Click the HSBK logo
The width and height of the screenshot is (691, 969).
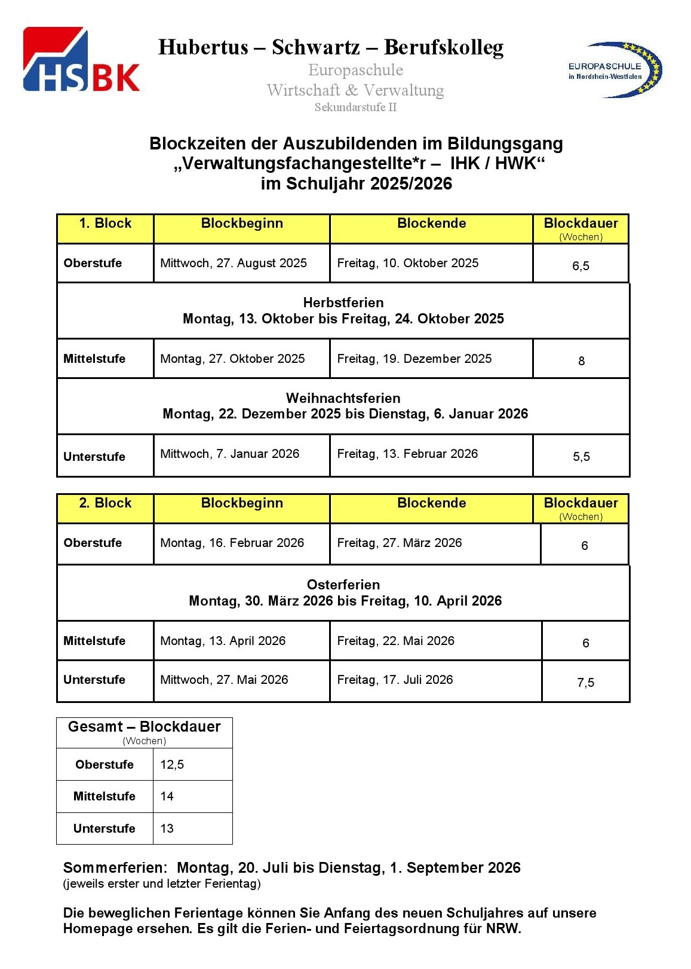click(x=81, y=60)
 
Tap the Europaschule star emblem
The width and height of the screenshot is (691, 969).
click(x=615, y=70)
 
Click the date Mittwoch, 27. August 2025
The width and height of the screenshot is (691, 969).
click(x=234, y=263)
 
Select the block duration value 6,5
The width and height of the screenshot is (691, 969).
click(x=581, y=266)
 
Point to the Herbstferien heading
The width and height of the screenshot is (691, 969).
click(x=343, y=302)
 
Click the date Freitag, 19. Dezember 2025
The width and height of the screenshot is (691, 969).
click(x=414, y=359)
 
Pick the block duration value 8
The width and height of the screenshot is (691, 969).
click(x=581, y=361)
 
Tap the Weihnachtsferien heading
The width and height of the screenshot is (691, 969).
click(x=343, y=398)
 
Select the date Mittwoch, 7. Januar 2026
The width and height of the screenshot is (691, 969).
click(x=230, y=454)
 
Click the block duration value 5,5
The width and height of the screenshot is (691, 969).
click(x=581, y=457)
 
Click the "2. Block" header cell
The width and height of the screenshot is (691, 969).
click(x=105, y=503)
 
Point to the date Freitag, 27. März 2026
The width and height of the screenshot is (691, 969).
click(x=400, y=543)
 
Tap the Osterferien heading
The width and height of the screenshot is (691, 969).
click(x=343, y=585)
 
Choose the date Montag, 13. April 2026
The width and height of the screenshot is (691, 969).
click(x=223, y=641)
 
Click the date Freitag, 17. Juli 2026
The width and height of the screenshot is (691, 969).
click(x=395, y=680)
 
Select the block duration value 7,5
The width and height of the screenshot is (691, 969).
click(x=585, y=683)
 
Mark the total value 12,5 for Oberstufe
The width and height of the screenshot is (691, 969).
click(x=172, y=765)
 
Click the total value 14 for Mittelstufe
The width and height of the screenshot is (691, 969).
click(x=167, y=796)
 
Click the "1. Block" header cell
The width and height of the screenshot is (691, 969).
click(x=105, y=224)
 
